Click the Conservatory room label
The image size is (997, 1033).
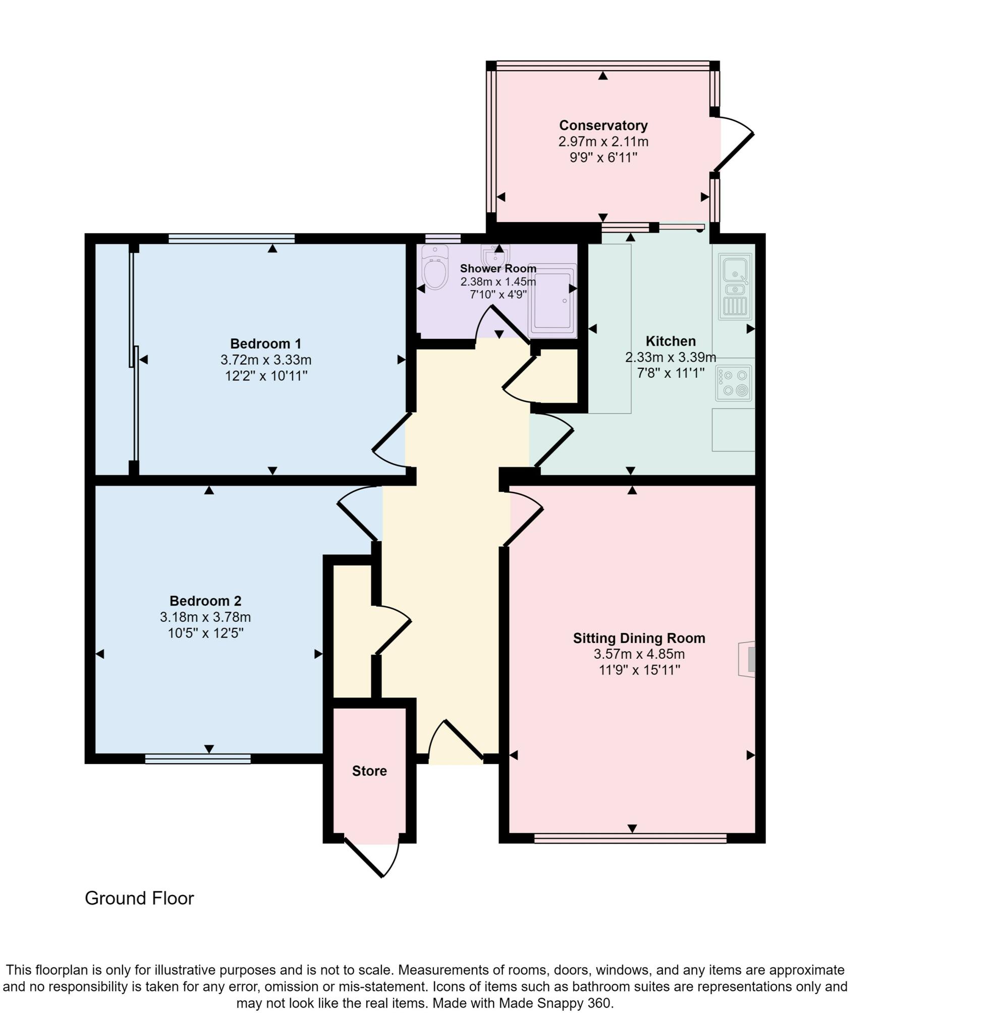[603, 126]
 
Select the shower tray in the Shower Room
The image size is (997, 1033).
[552, 301]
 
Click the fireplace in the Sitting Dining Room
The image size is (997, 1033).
[748, 659]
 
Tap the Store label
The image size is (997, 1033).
[369, 771]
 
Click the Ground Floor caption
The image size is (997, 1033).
[139, 898]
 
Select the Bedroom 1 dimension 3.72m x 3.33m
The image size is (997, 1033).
[266, 360]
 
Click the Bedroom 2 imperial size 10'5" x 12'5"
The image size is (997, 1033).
[205, 633]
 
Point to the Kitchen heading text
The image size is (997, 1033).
[670, 341]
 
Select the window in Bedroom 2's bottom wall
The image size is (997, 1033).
[198, 759]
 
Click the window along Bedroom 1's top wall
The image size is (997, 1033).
[231, 238]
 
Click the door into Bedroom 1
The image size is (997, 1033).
[391, 440]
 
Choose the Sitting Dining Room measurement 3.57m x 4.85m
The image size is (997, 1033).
[639, 654]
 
